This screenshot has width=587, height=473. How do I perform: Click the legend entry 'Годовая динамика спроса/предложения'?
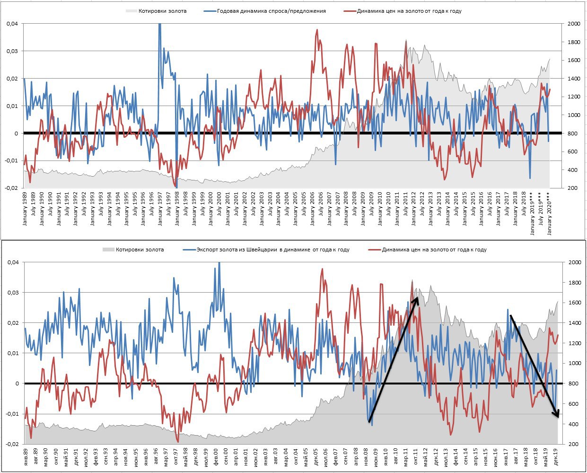tap(271, 11)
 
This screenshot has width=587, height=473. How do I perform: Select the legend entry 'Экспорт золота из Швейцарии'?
tap(273, 250)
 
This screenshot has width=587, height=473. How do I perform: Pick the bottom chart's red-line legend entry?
tap(434, 250)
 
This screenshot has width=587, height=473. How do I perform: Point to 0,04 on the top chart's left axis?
tap(12, 24)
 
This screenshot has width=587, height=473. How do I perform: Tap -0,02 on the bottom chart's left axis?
tap(11, 444)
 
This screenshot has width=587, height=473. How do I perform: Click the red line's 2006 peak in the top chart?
tap(317, 30)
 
